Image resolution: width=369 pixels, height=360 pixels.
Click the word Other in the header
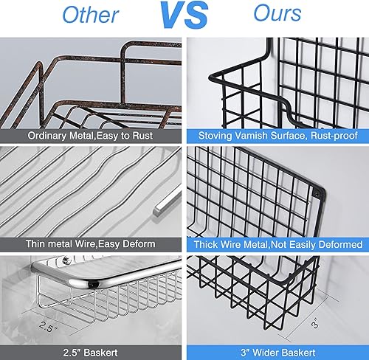91,13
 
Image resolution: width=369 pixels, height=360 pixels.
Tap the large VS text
184,14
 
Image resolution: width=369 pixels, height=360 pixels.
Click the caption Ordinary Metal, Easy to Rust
92,136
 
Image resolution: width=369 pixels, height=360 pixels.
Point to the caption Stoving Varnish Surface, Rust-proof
277,136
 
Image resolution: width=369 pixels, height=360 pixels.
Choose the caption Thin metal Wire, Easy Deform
92,244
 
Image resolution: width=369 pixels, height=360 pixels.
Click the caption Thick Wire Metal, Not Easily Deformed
277,244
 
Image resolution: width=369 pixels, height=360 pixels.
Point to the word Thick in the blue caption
207,244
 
